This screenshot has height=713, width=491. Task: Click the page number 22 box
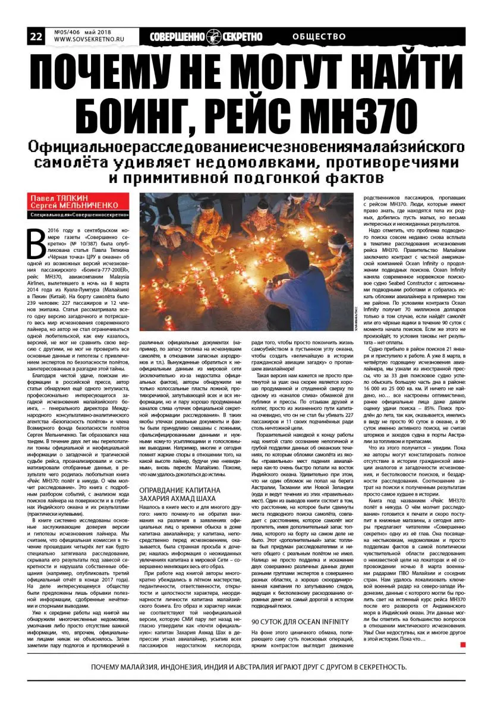pos(36,36)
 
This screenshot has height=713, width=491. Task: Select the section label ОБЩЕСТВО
pos(319,36)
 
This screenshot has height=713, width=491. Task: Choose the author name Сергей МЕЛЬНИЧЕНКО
pos(74,205)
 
